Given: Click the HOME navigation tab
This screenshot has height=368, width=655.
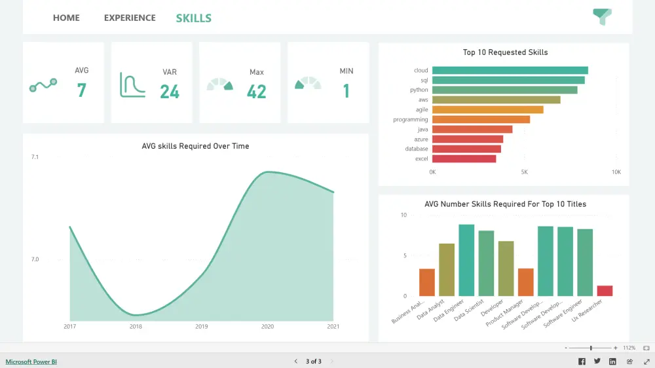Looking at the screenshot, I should (x=66, y=18).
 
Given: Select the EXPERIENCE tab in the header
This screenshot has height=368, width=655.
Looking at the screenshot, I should (x=130, y=18).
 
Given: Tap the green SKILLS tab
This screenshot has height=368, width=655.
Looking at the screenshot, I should (x=193, y=18).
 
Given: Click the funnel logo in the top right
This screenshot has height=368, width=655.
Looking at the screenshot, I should (x=601, y=16).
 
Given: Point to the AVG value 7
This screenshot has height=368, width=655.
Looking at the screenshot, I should (x=81, y=90).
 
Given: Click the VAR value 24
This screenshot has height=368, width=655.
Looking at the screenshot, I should (x=170, y=92).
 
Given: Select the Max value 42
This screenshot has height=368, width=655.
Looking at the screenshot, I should (x=256, y=92).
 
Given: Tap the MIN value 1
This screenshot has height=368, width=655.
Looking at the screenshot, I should (x=346, y=91).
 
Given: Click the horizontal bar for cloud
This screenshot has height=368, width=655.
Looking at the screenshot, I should (x=510, y=71).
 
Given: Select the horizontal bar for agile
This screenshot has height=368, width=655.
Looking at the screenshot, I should (x=487, y=110).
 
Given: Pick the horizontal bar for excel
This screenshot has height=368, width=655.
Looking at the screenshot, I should (x=464, y=158).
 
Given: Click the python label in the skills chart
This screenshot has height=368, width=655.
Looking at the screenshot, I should (x=419, y=90).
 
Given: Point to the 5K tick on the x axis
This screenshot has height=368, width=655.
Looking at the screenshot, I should (x=524, y=172).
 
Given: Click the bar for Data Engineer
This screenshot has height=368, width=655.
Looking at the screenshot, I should (x=466, y=261).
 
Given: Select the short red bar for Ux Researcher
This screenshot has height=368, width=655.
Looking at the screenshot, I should (x=605, y=291).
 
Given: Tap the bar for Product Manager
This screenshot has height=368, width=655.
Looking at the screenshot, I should (x=525, y=282).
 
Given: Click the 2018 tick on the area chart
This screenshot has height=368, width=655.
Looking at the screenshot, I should (x=136, y=326).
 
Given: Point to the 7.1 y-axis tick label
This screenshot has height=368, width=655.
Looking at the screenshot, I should (x=35, y=157).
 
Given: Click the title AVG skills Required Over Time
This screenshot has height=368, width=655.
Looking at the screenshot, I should (x=195, y=146).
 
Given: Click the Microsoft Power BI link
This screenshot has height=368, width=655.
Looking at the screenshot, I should (x=31, y=361).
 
